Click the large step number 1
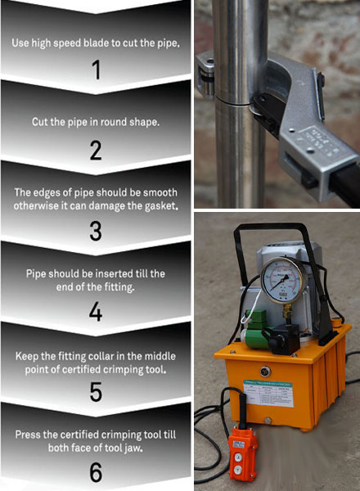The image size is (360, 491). click(97, 70)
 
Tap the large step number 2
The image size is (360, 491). click(96, 151)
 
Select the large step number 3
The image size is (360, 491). click(96, 231)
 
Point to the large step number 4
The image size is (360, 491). click(96, 312)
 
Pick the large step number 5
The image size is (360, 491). click(96, 391)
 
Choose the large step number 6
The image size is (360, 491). click(96, 472)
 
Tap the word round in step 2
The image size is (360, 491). click(110, 122)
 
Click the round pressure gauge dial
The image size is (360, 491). click(280, 280)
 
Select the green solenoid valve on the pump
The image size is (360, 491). click(257, 329)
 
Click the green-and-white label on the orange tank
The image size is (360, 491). click(268, 394)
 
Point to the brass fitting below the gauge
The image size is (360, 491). click(286, 311)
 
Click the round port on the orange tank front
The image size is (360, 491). click(265, 372)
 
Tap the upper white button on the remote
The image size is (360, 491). click(238, 457)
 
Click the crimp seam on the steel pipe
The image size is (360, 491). click(232, 102)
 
